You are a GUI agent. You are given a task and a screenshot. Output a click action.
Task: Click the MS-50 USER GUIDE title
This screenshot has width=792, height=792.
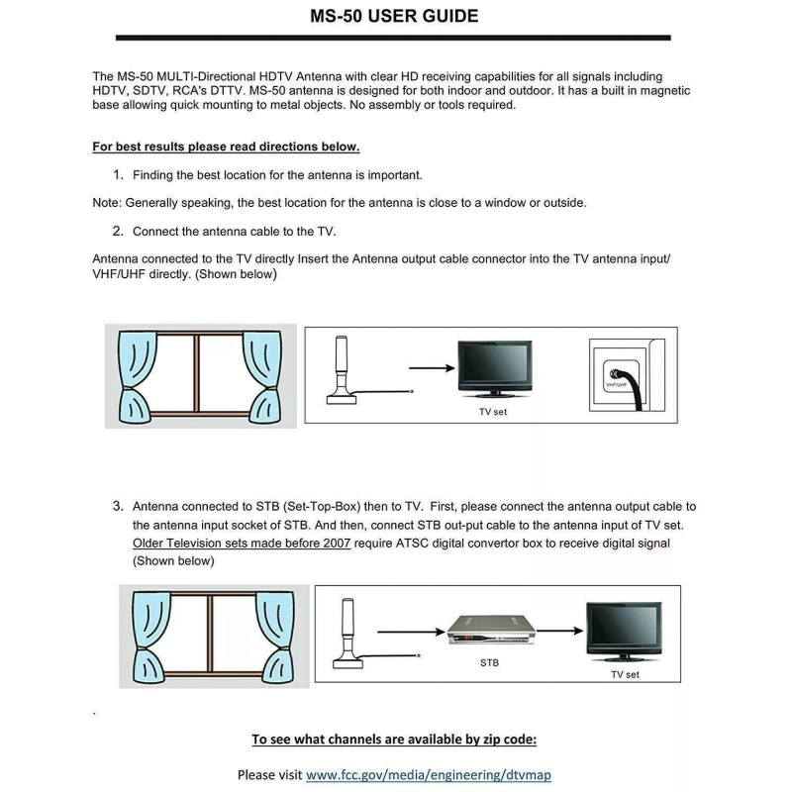(394, 16)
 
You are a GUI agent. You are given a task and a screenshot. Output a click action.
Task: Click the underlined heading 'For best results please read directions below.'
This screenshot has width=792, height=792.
(226, 147)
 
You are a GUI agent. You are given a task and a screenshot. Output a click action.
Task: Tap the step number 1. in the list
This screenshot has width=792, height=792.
(118, 175)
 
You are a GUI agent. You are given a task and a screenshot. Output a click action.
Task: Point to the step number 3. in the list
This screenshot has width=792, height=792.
(118, 506)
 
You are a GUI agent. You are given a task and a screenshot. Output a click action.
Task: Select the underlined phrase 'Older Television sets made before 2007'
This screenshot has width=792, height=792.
(242, 543)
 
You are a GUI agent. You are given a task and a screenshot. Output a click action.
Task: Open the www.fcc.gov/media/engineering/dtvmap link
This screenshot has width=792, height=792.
(429, 775)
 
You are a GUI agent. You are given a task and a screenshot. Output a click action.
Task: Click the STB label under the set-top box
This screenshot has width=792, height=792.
(489, 662)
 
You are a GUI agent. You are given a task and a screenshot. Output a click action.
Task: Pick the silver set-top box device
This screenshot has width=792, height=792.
(491, 630)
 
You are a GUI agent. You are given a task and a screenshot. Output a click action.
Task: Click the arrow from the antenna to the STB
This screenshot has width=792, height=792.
(411, 632)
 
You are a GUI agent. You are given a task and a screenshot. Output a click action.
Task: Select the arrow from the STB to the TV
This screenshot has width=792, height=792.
(559, 631)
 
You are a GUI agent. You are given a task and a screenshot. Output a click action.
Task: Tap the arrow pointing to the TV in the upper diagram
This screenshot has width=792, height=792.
(432, 368)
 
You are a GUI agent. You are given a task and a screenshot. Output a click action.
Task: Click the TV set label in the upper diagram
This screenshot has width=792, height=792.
(493, 412)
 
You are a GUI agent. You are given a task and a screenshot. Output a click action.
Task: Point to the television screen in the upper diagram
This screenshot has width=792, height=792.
(494, 364)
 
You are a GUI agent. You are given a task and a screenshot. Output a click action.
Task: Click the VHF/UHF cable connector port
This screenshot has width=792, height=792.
(615, 375)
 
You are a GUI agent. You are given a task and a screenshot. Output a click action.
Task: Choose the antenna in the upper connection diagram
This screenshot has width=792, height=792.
(342, 370)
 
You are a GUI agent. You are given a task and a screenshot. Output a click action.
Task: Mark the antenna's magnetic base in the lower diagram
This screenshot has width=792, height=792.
(348, 662)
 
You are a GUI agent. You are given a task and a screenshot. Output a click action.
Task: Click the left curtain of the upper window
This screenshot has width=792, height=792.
(135, 377)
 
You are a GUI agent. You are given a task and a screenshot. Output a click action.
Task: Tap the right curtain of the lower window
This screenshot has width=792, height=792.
(275, 638)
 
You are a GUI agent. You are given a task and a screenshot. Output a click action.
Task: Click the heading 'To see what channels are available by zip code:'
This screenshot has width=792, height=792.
(394, 740)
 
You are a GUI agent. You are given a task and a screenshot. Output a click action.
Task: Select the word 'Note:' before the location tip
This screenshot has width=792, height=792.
(107, 203)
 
